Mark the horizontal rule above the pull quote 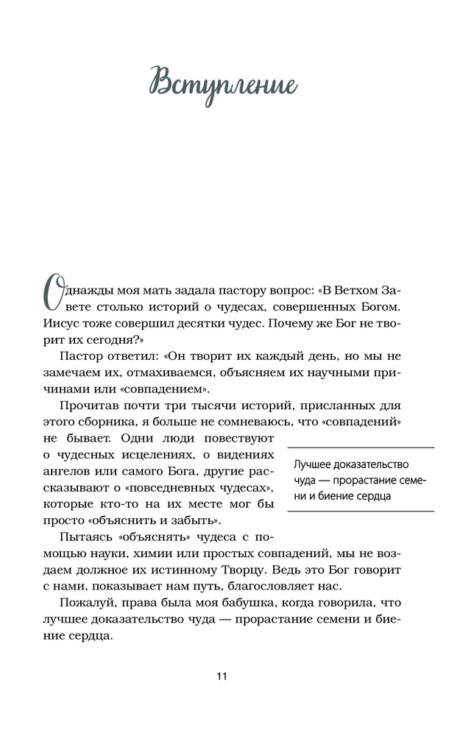[x=360, y=447]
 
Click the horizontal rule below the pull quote [x=360, y=512]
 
